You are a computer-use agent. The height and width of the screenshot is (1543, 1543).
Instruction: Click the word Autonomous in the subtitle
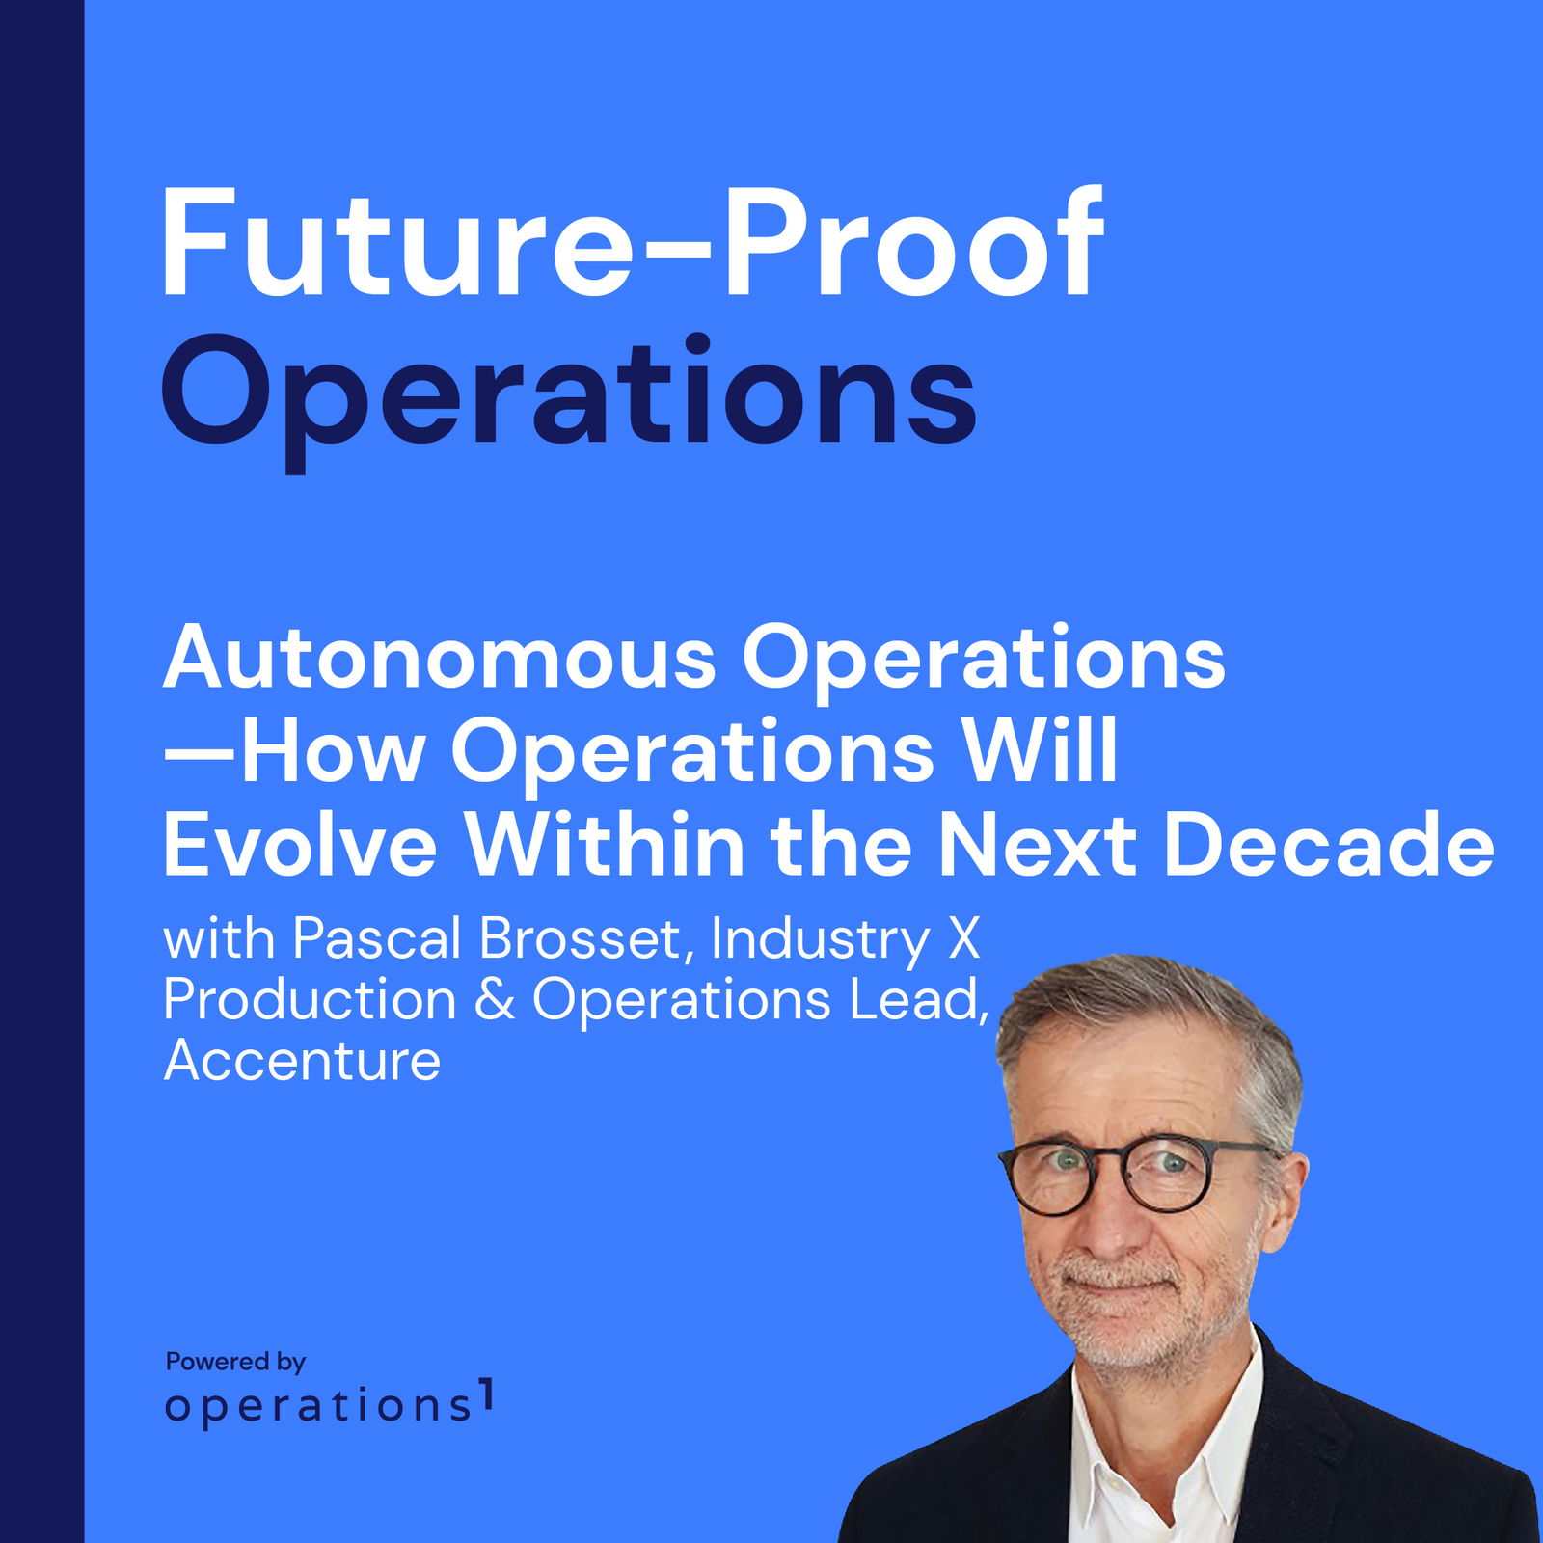(440, 658)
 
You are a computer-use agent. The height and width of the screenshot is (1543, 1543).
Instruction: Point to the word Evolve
(300, 845)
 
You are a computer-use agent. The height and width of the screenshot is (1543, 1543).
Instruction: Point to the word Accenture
(302, 1061)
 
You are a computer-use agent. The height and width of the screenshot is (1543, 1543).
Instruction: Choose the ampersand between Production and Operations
(494, 999)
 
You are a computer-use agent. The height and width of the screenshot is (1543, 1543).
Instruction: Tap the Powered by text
(235, 1362)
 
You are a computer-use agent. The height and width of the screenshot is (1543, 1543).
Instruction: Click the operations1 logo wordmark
(329, 1404)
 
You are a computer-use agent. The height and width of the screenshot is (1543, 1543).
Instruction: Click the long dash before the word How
(200, 753)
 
